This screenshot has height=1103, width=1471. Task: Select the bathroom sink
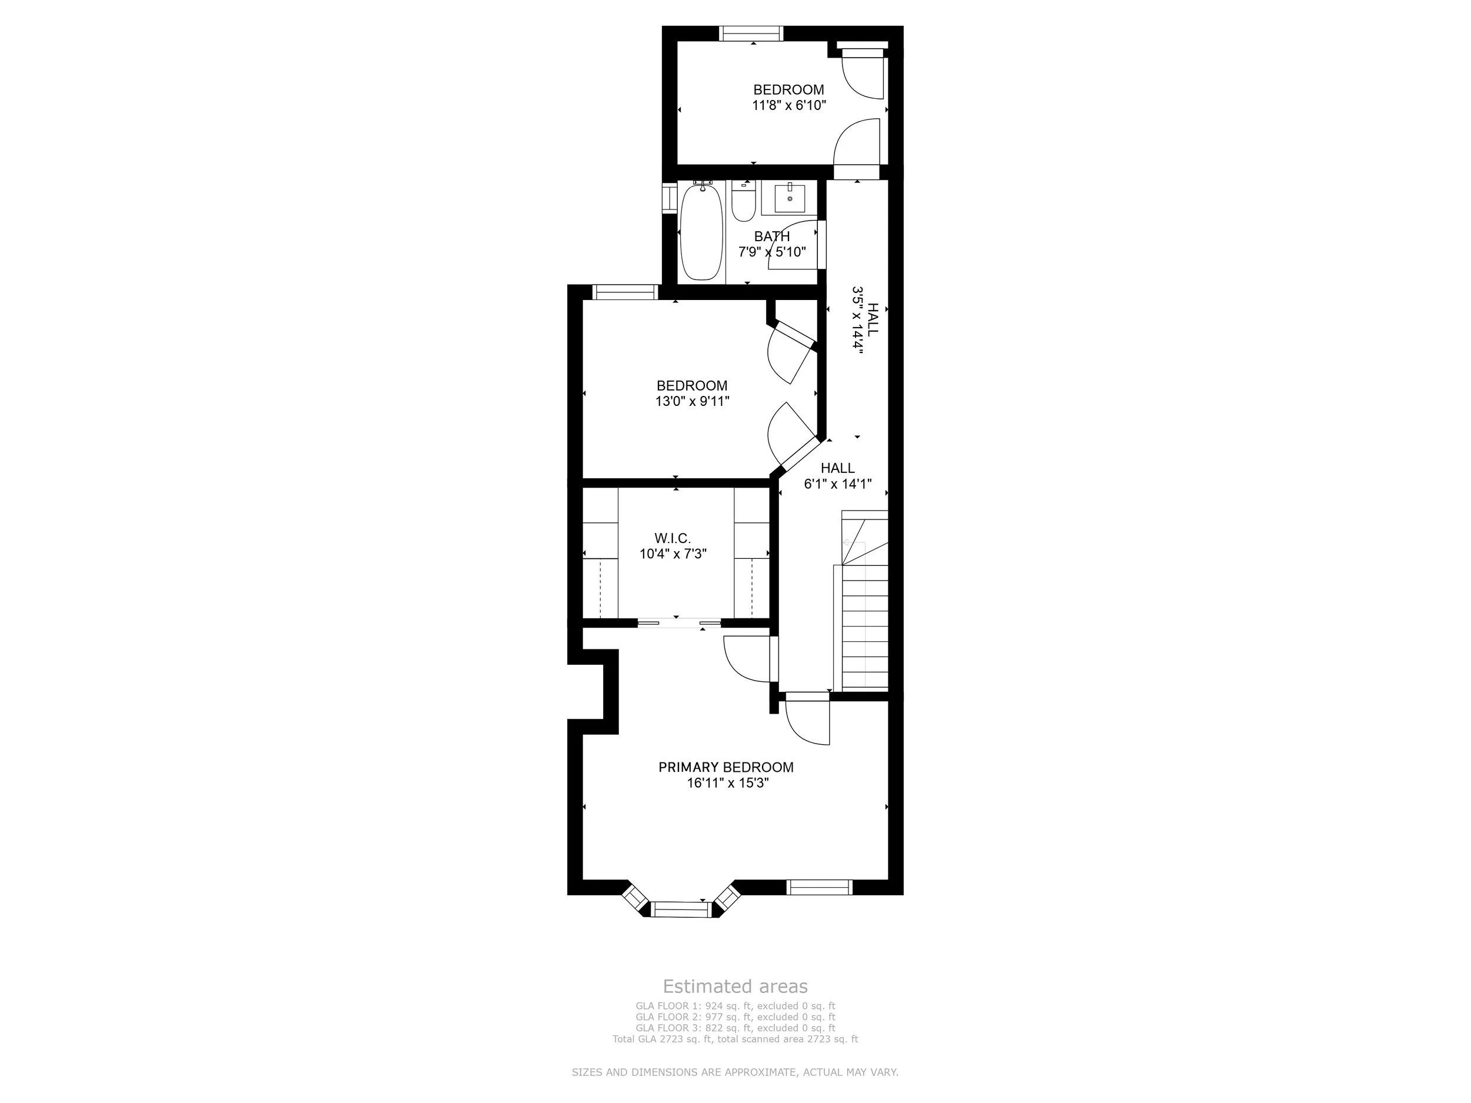point(790,198)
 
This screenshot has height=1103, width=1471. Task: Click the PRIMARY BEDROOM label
point(725,767)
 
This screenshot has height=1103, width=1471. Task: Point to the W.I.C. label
point(673,538)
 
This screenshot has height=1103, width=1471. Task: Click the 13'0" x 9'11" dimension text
point(693,401)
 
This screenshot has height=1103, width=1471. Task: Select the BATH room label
point(772,236)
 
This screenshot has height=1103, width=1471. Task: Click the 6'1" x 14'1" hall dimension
point(837,484)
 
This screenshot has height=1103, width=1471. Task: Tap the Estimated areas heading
point(735,986)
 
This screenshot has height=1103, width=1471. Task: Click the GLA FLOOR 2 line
point(735,1017)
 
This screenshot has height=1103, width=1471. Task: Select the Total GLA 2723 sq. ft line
point(735,1038)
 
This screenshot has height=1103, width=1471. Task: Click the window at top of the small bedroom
point(751,34)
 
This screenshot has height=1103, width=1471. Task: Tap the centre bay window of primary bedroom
point(681,909)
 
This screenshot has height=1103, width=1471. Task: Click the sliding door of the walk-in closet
point(679,623)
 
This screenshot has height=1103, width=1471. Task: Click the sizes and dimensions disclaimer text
point(735,1072)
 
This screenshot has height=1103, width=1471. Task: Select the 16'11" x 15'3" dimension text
point(728,783)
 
